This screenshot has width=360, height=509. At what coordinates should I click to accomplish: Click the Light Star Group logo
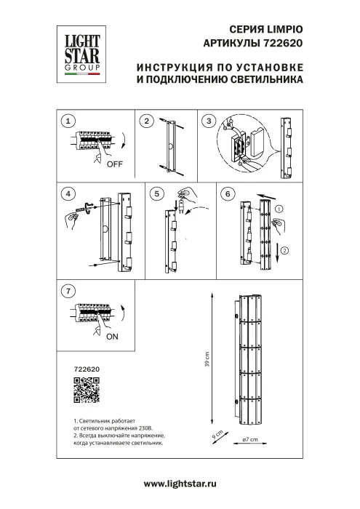(x=80, y=52)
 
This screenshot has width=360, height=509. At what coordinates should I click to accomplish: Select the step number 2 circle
(x=146, y=121)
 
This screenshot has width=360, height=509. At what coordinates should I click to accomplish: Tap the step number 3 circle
(x=209, y=121)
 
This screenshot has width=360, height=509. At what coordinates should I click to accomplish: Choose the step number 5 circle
(x=155, y=194)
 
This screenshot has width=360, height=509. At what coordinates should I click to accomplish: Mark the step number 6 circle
(x=228, y=194)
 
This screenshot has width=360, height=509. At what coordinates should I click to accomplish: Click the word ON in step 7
(x=113, y=337)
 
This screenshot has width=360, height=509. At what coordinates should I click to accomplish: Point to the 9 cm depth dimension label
(x=216, y=437)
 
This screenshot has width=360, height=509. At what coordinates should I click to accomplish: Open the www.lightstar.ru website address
(x=180, y=484)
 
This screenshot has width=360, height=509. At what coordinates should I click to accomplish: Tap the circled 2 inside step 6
(x=286, y=249)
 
